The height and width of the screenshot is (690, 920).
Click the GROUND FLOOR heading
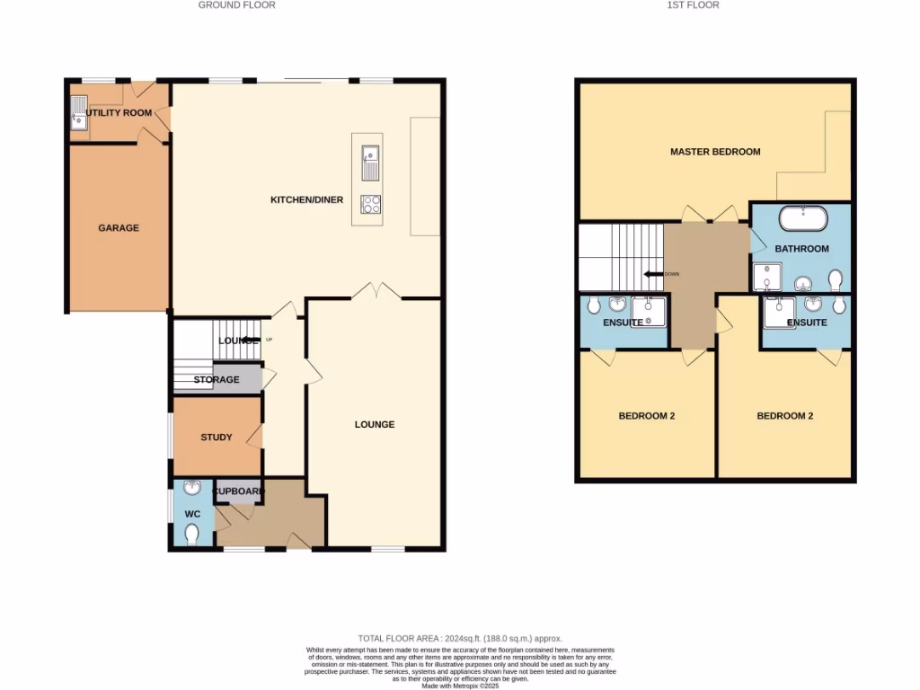point(236,5)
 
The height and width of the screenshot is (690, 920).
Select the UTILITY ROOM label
point(119,113)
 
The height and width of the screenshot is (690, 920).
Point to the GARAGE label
point(119,228)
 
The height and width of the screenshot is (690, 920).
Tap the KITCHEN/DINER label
point(306,199)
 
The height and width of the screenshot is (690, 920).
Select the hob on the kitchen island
point(370,204)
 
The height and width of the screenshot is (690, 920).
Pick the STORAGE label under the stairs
point(217,380)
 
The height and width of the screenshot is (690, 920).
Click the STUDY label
point(216,438)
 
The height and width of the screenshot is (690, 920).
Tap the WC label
point(192,514)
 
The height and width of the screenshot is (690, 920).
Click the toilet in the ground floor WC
point(191,535)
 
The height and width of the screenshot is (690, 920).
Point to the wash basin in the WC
point(191,489)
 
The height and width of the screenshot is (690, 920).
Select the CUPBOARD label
point(238,491)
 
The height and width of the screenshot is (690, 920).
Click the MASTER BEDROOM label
point(715,152)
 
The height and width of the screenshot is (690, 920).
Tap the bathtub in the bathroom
point(802,218)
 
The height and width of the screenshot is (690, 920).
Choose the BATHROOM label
point(801,249)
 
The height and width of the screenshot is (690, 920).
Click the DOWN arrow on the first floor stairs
point(650,274)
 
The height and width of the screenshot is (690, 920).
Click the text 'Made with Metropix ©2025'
point(460,686)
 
